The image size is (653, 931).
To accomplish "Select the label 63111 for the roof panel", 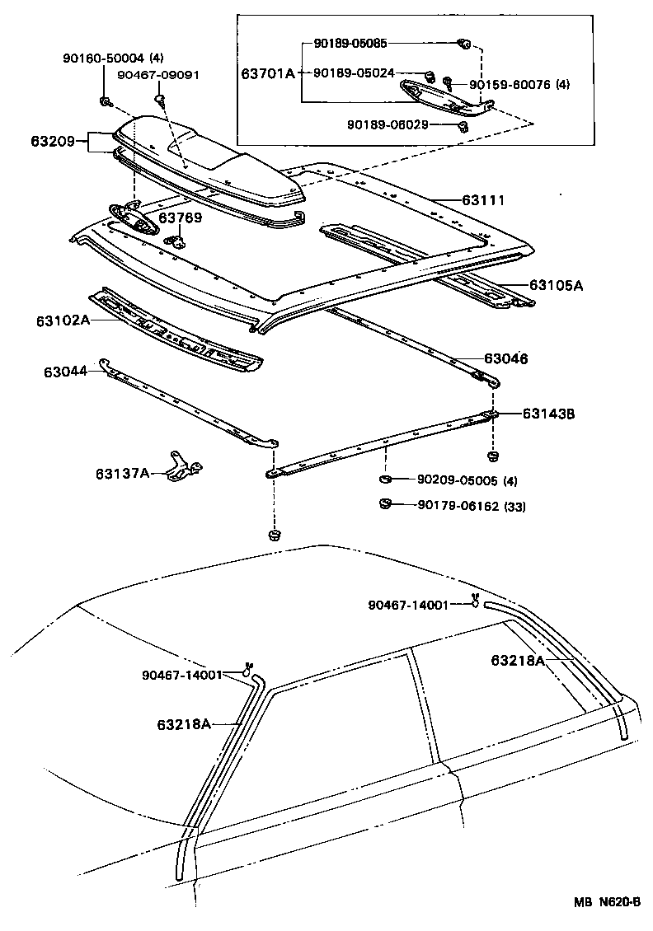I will pos(482,200).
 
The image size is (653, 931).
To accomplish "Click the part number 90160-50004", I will pos(102,58).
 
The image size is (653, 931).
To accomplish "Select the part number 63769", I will pos(180,218).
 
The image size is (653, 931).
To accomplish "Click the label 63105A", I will pos(556,285).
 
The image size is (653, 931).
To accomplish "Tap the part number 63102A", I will pos(63,320).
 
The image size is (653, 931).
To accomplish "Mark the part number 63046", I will pos(505,358).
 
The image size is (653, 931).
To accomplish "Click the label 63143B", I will pos(547,414).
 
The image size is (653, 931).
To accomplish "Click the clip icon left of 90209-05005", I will pos(385,480).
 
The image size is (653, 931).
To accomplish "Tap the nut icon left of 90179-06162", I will pos(385,504).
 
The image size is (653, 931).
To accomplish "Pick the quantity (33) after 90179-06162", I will pos(514,505).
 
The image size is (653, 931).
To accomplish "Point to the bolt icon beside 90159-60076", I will pos(448,82).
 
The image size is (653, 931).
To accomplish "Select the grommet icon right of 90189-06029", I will pos(463,126).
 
